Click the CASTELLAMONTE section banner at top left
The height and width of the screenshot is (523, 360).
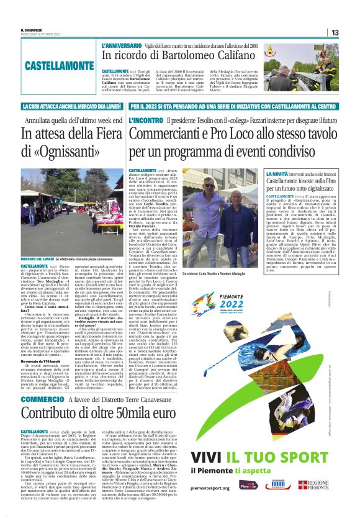(52, 65)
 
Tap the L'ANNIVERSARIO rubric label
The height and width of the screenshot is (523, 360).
(122, 47)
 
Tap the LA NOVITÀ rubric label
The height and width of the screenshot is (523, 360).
(280, 173)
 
